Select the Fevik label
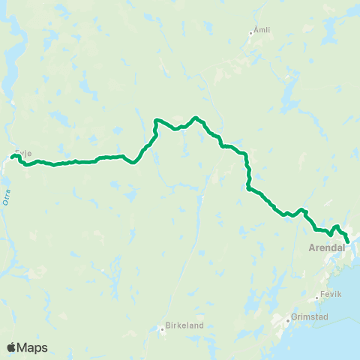(x=331, y=294)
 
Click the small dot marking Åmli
(x=252, y=32)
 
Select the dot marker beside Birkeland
(x=161, y=328)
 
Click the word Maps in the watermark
(x=32, y=347)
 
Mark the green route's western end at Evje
(x=12, y=156)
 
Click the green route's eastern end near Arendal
(x=348, y=241)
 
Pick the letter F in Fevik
(x=322, y=294)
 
